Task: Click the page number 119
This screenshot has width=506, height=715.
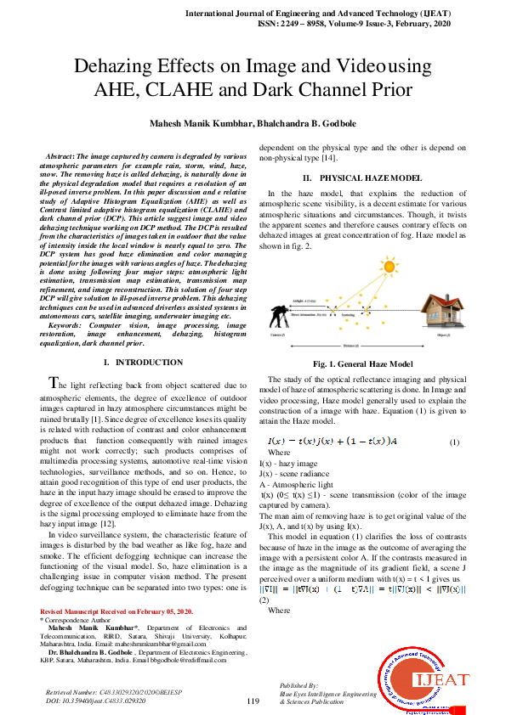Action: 253,701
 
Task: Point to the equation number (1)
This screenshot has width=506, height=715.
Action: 454,442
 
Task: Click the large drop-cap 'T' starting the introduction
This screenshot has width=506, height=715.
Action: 54,385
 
